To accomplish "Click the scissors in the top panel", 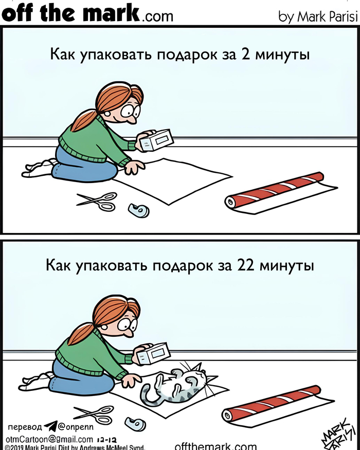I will (x=98, y=201).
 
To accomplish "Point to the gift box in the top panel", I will (x=156, y=140).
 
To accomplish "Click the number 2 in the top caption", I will (x=246, y=54).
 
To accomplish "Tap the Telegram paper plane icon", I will (x=50, y=427).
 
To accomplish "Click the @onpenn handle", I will (x=76, y=427).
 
